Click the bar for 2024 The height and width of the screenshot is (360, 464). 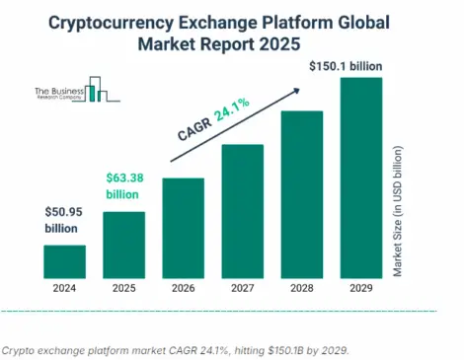[64, 260]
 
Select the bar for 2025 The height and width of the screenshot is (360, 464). [123, 244]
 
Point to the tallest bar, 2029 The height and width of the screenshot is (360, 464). [360, 177]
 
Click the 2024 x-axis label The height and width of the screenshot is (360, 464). [64, 290]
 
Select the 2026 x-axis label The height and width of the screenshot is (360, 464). [183, 290]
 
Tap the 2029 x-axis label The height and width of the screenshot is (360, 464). [360, 290]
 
